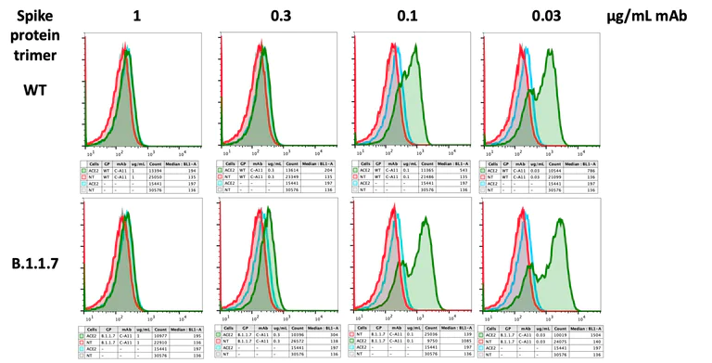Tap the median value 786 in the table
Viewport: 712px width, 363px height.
[x=598, y=171]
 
